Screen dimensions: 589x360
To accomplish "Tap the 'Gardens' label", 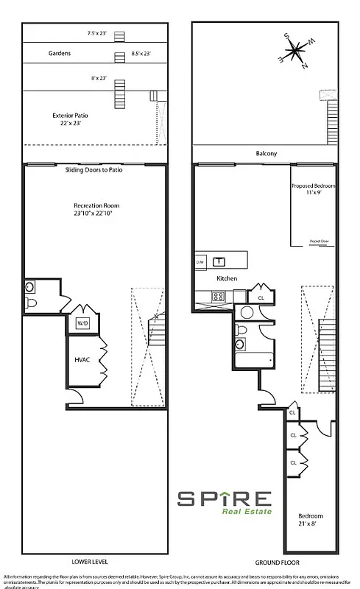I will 59,54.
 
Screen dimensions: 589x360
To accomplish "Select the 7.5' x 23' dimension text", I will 97,33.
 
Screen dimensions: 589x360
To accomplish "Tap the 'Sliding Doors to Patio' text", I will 94,170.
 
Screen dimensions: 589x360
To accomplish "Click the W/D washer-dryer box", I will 80,322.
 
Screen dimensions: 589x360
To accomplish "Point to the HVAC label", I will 82,361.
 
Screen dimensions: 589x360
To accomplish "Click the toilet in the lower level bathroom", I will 32,302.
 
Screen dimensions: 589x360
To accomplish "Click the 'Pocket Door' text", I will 319,241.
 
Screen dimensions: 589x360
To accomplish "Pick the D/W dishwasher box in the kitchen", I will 200,261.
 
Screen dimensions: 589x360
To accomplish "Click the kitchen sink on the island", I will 219,261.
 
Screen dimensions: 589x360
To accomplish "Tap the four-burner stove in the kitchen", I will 218,297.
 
